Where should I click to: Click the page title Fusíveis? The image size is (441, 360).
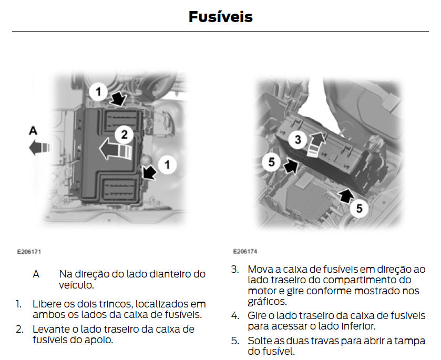tap(220, 17)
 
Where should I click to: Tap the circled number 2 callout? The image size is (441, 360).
tap(125, 135)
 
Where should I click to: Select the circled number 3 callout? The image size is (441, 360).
tap(298, 140)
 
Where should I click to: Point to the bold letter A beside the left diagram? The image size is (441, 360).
tap(32, 130)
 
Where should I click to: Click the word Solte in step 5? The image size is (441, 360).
tap(260, 341)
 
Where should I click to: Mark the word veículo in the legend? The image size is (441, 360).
tap(77, 285)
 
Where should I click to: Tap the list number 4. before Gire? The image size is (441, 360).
tap(235, 316)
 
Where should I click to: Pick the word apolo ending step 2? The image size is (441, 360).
tap(101, 340)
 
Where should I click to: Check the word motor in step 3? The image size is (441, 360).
tap(262, 291)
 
